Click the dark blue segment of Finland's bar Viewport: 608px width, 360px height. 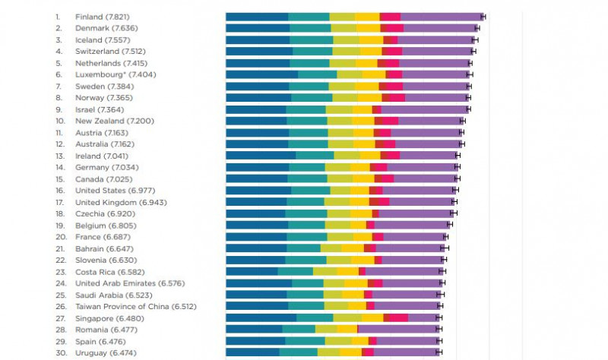(257, 17)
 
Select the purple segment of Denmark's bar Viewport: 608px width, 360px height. (441, 28)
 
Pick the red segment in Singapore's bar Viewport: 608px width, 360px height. (396, 318)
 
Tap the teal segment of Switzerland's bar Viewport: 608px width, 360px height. (312, 52)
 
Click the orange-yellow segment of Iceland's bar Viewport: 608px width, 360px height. (371, 39)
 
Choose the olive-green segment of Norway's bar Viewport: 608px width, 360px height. (345, 98)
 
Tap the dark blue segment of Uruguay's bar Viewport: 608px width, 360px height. (252, 353)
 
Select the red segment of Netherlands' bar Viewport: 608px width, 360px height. (388, 63)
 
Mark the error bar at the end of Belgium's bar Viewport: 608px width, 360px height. (451, 226)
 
